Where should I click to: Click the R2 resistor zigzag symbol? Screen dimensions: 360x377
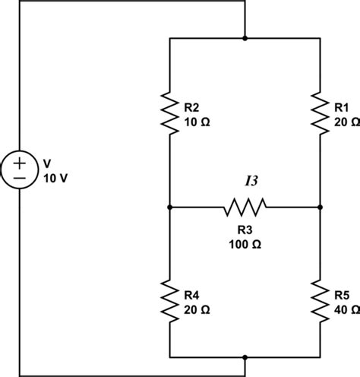(169, 113)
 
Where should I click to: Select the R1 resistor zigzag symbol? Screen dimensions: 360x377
(320, 113)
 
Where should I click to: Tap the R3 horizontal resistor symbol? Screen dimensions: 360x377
(245, 208)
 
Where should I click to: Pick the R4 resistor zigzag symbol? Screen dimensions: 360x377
(169, 301)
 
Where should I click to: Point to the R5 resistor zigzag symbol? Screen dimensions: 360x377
(320, 301)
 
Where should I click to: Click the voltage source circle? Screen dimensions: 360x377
(20, 169)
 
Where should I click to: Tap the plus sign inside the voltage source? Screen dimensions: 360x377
(20, 163)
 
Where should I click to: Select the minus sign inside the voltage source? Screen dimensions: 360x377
(20, 179)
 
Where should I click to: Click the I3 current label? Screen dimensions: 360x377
(251, 181)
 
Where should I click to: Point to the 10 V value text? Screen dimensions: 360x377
(55, 179)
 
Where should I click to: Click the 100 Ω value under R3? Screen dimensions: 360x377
(245, 244)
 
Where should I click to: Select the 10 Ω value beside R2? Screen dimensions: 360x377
(197, 122)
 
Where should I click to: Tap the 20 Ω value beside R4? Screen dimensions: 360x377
(197, 310)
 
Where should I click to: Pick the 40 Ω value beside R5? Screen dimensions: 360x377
(347, 310)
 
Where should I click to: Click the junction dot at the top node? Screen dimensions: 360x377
(245, 38)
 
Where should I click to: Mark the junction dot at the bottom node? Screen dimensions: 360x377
(245, 357)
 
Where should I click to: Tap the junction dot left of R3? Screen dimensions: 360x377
(169, 208)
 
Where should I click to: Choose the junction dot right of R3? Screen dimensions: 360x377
(320, 208)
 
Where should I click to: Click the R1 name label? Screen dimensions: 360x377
(342, 108)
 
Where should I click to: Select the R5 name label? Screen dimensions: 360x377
(342, 296)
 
